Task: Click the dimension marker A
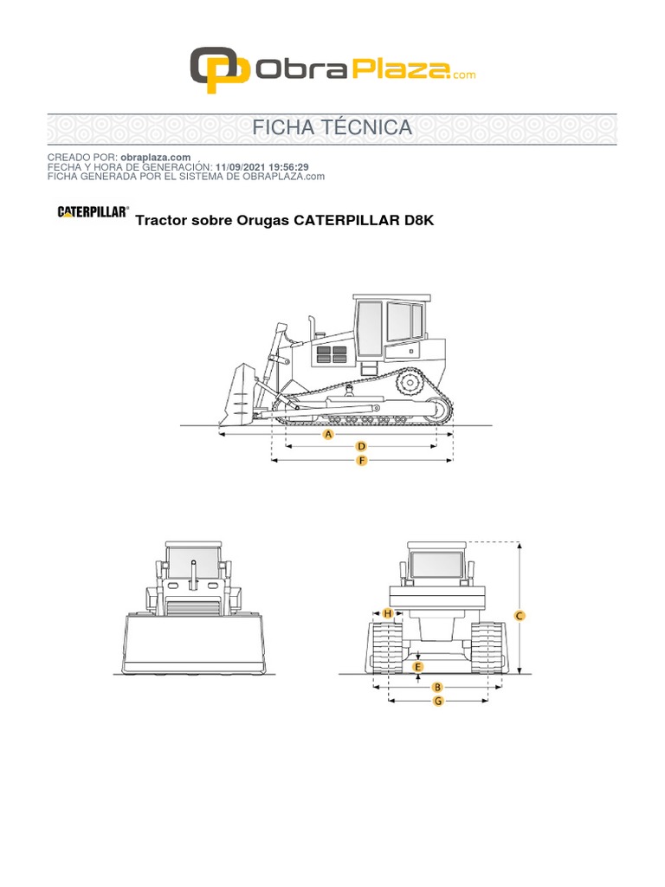pyautogui.click(x=328, y=435)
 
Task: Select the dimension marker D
pyautogui.click(x=361, y=446)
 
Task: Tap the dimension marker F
pyautogui.click(x=362, y=461)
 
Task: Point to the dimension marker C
pyautogui.click(x=520, y=616)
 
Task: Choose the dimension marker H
pyautogui.click(x=387, y=613)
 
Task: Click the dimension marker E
pyautogui.click(x=418, y=667)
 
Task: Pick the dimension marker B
pyautogui.click(x=437, y=687)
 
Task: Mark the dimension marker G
pyautogui.click(x=438, y=701)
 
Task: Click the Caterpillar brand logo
pyautogui.click(x=94, y=211)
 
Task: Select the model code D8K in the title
pyautogui.click(x=419, y=220)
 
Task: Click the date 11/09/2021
pyautogui.click(x=241, y=167)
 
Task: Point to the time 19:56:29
pyautogui.click(x=288, y=167)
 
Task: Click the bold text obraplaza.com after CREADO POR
pyautogui.click(x=156, y=158)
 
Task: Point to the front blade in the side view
pyautogui.click(x=236, y=395)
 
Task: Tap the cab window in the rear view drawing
pyautogui.click(x=436, y=565)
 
